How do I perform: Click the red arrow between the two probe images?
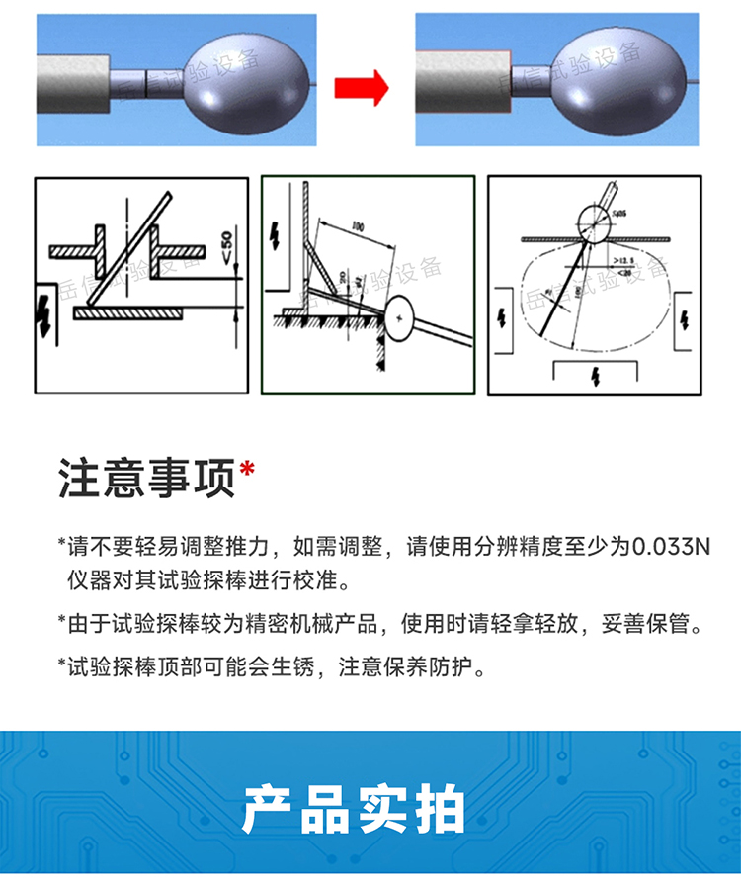coord(361,88)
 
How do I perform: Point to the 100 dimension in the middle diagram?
coord(357,227)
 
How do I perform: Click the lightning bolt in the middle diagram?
coord(275,234)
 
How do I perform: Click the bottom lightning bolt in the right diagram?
coord(595,375)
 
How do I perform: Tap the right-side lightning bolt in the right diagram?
coord(687,318)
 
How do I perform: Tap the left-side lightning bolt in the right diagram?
coord(503,318)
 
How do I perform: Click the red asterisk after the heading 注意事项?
coord(247,469)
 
